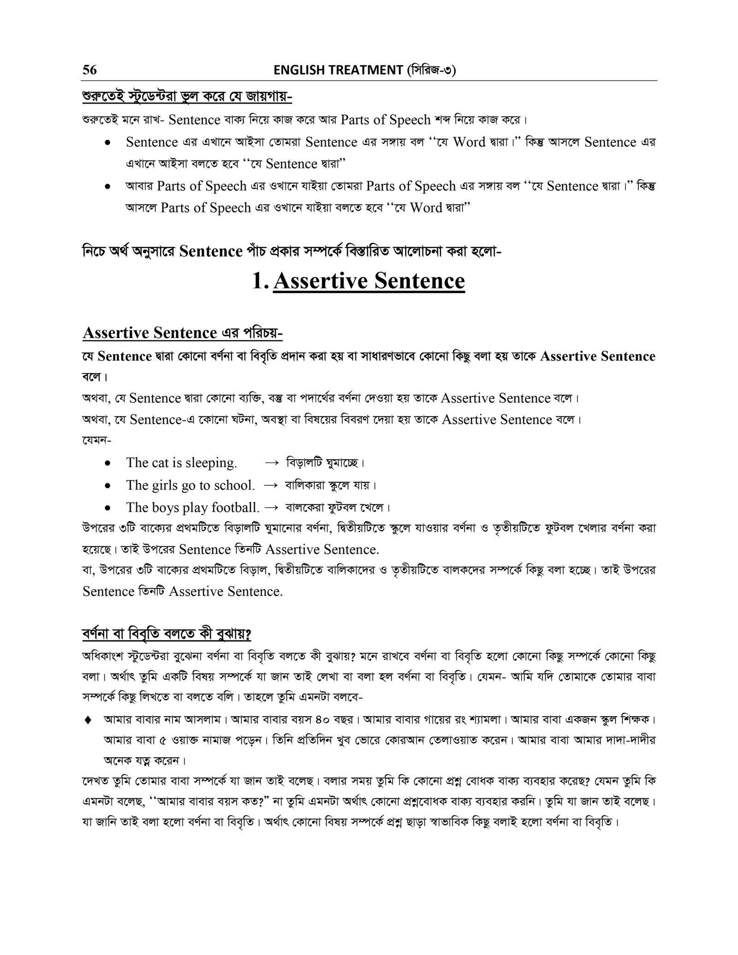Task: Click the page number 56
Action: click(89, 70)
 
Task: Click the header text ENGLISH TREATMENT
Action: click(338, 70)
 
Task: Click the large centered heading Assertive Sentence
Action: click(369, 281)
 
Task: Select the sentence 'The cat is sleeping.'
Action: click(181, 463)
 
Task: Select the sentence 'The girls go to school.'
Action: click(190, 485)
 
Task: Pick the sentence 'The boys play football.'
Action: click(193, 508)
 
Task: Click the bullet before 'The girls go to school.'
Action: click(107, 486)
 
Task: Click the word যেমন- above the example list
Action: click(96, 441)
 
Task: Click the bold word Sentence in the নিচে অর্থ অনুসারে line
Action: click(211, 252)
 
